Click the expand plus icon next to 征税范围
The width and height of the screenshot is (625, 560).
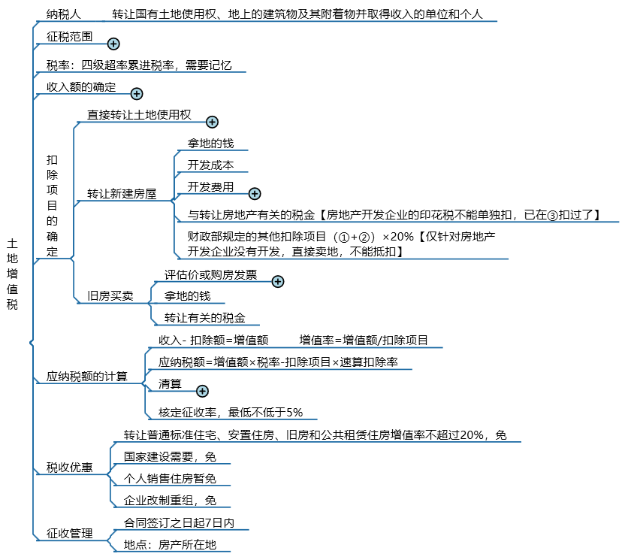(113, 44)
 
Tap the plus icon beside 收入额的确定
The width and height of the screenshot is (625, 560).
(137, 94)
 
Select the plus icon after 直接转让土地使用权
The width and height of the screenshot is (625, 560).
(212, 122)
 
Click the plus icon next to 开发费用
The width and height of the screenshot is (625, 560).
(255, 194)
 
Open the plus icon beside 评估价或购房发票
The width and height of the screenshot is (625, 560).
(278, 282)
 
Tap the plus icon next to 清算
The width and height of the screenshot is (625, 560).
(203, 392)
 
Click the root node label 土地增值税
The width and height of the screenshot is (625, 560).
(12, 274)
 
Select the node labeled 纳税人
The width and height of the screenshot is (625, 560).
(63, 14)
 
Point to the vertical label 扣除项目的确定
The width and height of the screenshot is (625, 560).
(53, 206)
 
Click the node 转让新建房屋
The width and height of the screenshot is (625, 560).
(122, 194)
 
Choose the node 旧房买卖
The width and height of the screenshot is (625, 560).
(110, 296)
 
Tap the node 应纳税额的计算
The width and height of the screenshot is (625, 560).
(87, 376)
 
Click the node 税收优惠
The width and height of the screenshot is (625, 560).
(69, 467)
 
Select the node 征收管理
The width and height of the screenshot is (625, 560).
(69, 533)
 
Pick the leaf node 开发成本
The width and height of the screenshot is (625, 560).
(210, 165)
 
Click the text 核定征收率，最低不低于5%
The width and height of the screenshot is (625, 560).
(231, 413)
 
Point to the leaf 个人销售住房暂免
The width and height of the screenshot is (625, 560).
(170, 479)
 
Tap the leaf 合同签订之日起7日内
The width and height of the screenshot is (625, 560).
(179, 523)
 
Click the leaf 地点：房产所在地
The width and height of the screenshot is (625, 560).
(170, 545)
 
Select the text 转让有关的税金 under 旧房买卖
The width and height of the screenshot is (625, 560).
(205, 318)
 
